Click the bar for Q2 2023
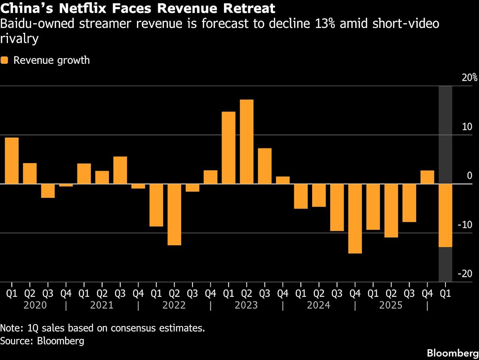click(247, 142)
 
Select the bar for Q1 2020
click(12, 161)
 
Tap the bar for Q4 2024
click(355, 219)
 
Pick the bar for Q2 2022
click(174, 215)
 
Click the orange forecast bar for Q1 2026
click(445, 216)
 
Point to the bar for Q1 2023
click(228, 148)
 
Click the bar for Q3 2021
click(120, 170)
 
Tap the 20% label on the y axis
click(469, 78)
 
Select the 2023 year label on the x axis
click(247, 306)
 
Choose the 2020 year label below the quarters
click(36, 306)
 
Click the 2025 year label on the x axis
click(392, 306)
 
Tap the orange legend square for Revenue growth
click(4, 60)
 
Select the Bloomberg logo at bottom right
click(452, 353)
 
